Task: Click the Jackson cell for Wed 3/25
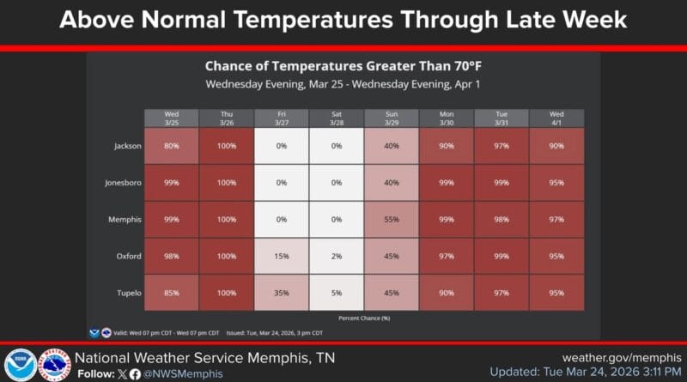click(x=171, y=146)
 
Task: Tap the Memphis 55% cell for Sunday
click(x=392, y=220)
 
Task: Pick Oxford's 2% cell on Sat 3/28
click(x=337, y=256)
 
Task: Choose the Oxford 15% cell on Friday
click(x=281, y=256)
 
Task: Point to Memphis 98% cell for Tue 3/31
click(x=502, y=220)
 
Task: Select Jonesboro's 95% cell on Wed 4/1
click(x=556, y=183)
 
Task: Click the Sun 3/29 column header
click(x=392, y=118)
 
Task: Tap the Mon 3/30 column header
click(x=447, y=118)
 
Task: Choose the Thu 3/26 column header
click(x=226, y=118)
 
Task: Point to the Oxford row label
click(x=128, y=256)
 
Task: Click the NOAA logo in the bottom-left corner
click(x=20, y=365)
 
